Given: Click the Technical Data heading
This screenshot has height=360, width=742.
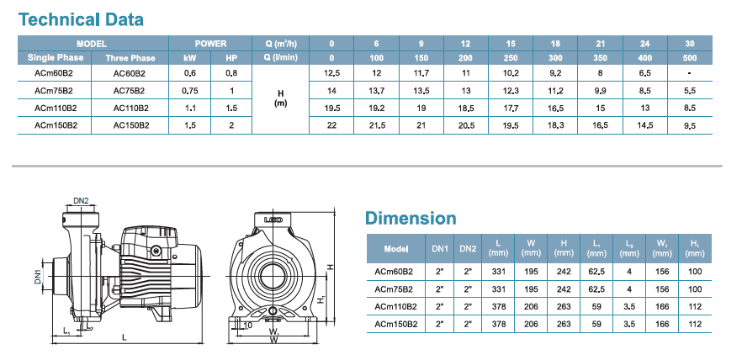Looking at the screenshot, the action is click(81, 19).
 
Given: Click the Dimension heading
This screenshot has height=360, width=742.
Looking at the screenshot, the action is click(411, 218).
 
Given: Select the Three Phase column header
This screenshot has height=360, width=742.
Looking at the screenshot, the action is click(130, 58).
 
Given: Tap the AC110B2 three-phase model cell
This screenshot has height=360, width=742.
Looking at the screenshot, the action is click(131, 108).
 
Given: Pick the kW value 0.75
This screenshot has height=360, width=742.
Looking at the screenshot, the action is click(190, 91).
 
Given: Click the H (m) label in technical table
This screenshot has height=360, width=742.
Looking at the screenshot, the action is click(281, 98).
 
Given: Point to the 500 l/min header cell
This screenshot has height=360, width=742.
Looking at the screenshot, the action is click(690, 58).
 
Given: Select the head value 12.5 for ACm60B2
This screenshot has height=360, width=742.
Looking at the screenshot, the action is click(331, 73).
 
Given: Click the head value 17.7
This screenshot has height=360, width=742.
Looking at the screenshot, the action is click(511, 108).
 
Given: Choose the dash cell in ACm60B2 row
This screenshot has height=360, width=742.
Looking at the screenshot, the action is click(690, 73).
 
